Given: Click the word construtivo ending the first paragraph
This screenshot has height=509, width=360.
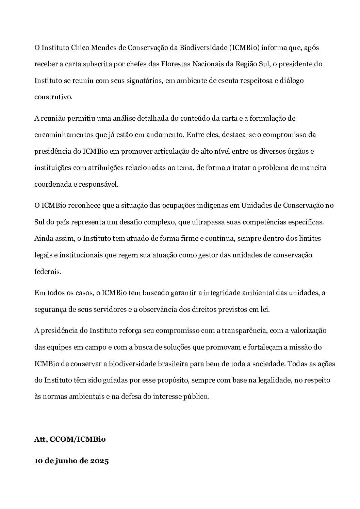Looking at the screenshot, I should point(53,97).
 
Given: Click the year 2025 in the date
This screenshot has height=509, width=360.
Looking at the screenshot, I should point(99,461).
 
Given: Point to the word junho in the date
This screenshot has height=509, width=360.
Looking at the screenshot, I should point(66,461).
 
